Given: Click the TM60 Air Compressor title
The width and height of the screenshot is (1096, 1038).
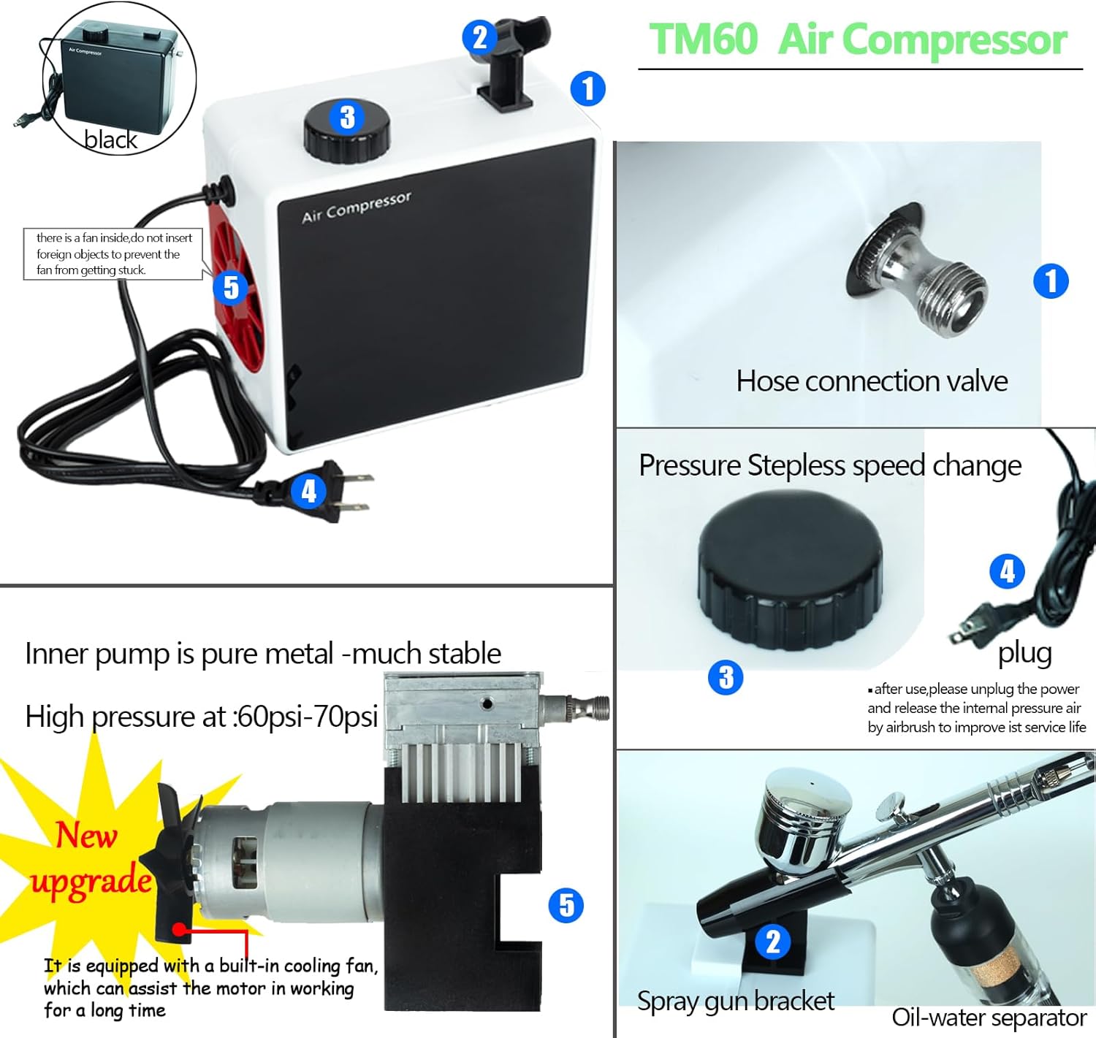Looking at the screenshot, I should click(x=859, y=39).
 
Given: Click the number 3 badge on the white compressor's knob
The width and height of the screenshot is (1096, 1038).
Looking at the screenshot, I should click(x=347, y=117).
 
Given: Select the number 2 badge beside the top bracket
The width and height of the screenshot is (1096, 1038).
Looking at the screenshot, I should click(x=479, y=37).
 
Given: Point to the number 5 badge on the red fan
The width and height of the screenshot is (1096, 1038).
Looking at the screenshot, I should click(x=231, y=287).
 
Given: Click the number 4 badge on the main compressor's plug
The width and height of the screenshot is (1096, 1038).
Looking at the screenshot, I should click(x=308, y=491).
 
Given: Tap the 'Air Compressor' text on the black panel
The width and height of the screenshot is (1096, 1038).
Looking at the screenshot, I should click(x=357, y=207).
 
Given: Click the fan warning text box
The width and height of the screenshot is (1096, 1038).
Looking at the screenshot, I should click(x=113, y=253).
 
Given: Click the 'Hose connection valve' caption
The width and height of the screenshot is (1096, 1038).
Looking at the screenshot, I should click(x=872, y=381).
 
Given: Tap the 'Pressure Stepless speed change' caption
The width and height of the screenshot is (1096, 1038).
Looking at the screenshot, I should click(x=830, y=465).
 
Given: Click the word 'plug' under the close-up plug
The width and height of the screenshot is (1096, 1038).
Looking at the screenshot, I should click(x=1024, y=652).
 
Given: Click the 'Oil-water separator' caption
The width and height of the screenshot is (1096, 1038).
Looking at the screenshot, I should click(x=989, y=1017).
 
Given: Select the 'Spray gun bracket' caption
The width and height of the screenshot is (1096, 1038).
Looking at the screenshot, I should click(x=735, y=1001).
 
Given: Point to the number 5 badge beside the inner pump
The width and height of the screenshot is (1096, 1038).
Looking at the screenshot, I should click(x=566, y=906).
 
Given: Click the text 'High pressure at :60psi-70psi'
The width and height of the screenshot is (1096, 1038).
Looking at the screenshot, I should click(x=201, y=717).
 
